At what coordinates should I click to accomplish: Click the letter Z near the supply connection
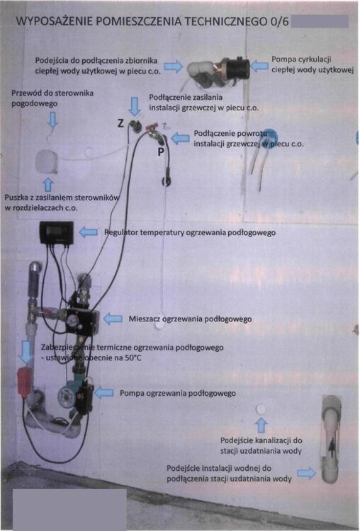(x=121, y=123)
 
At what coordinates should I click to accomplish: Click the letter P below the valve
(x=162, y=152)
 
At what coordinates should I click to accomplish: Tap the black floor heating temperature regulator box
(x=57, y=232)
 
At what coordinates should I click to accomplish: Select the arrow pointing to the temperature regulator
(x=88, y=232)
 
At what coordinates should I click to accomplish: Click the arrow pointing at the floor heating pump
(x=103, y=392)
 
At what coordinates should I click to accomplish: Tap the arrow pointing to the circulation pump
(x=259, y=66)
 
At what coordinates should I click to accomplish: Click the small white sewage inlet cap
(x=261, y=409)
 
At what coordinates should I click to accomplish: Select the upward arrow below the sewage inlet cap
(x=261, y=425)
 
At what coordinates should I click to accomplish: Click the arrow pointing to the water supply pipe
(x=305, y=472)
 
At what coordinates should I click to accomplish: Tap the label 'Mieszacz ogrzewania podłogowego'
(x=190, y=319)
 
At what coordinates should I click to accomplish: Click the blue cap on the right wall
(x=271, y=139)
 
